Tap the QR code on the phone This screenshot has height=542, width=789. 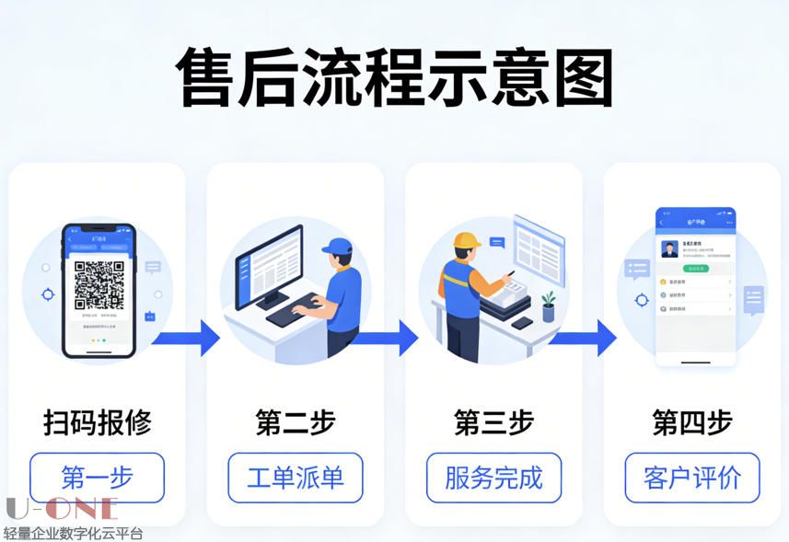(99, 284)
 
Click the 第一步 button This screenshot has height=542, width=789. (97, 478)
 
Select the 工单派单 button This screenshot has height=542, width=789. (295, 478)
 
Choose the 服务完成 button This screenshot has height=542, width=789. (493, 478)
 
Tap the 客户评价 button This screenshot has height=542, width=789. (692, 478)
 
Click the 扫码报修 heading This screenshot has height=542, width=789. (97, 422)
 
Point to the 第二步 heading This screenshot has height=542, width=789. (295, 422)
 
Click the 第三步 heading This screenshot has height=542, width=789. (493, 422)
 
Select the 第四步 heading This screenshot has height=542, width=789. (692, 422)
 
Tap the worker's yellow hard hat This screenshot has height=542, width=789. (467, 242)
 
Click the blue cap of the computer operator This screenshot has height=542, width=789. (337, 246)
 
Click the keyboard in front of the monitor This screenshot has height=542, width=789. (294, 309)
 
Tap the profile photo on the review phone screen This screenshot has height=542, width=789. (670, 249)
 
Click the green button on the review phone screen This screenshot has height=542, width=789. (695, 269)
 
